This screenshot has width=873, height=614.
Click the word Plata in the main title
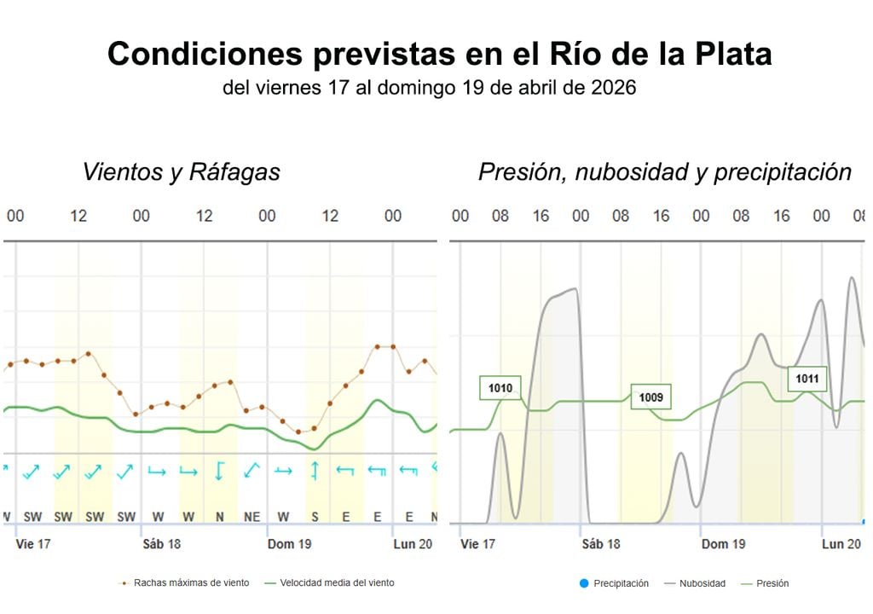[x=725, y=54]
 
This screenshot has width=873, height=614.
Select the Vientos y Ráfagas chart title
[x=181, y=172]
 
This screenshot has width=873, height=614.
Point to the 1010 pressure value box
[x=500, y=388]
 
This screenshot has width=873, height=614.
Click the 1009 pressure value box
[x=651, y=397]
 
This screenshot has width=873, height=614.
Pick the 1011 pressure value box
[x=807, y=378]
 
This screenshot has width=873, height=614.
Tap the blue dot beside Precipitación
[x=584, y=583]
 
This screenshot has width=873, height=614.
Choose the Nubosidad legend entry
[x=702, y=583]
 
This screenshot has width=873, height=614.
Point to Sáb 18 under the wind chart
[x=161, y=544]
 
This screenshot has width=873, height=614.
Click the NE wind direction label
[x=251, y=517]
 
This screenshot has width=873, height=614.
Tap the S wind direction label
[x=314, y=517]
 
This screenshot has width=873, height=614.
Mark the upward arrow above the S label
[x=314, y=470]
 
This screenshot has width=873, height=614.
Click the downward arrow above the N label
[x=219, y=470]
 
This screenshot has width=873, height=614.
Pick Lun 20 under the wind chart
[x=413, y=544]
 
